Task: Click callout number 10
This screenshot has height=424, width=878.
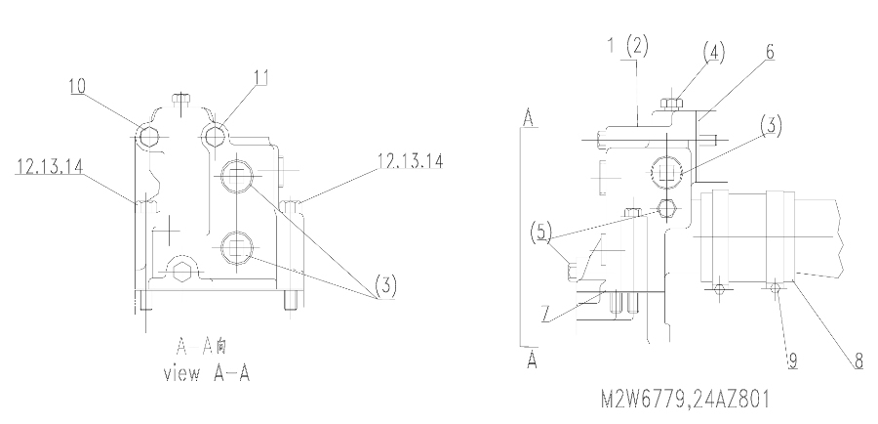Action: click(77, 86)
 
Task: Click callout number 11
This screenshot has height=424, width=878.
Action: click(260, 77)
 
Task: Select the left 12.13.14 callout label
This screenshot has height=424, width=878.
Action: click(50, 166)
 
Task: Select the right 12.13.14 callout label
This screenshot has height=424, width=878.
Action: click(410, 161)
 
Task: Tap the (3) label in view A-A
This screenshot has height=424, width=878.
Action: click(385, 286)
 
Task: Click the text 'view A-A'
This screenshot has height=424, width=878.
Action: click(206, 373)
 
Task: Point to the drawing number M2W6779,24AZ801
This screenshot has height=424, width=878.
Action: click(686, 400)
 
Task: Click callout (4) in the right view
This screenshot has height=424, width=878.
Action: click(714, 53)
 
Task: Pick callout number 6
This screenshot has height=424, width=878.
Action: click(770, 52)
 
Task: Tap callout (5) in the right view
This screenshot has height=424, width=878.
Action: click(540, 232)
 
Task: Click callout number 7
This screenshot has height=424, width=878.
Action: click(546, 314)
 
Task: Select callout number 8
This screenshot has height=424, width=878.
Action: click(858, 361)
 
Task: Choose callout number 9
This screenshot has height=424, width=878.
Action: click(792, 361)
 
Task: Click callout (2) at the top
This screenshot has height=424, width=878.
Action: click(637, 45)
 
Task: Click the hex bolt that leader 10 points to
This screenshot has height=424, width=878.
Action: click(148, 137)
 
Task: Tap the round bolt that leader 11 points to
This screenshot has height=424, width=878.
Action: click(215, 136)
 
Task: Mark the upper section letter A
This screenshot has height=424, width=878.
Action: click(528, 118)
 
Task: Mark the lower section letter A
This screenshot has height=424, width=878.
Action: click(532, 360)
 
